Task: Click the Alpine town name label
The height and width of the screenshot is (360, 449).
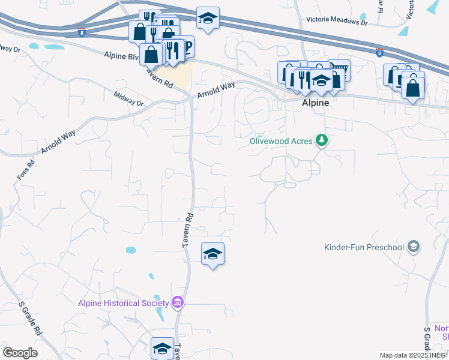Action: (315, 103)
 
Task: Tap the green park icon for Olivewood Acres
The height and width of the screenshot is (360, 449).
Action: (323, 140)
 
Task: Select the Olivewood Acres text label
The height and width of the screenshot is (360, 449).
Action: (282, 141)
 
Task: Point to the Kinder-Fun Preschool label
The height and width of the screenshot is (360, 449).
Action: (364, 247)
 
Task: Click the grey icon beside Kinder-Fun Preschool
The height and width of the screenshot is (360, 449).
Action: (413, 246)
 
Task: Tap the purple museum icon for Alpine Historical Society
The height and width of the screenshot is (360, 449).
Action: (178, 302)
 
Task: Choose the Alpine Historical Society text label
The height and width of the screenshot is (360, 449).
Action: (124, 302)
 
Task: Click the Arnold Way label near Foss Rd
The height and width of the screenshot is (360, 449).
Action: (58, 142)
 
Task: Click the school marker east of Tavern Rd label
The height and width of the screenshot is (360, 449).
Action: (212, 254)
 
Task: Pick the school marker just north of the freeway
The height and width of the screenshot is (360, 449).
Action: (208, 19)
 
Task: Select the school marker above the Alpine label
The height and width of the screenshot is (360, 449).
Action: (322, 82)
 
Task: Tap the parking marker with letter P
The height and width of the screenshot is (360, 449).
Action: (187, 46)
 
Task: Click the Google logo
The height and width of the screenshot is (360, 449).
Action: (20, 352)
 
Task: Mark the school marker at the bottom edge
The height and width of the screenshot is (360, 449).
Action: (162, 347)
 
